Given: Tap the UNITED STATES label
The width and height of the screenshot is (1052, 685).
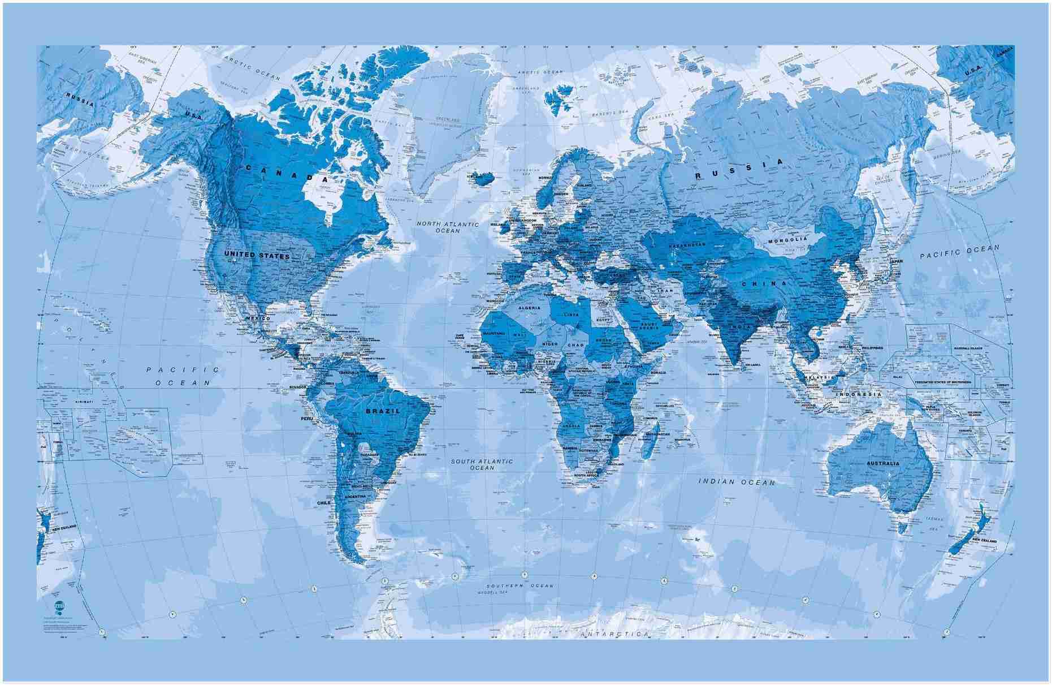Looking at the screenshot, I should point(257,255).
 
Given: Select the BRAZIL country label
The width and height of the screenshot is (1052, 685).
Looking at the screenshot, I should point(383,411).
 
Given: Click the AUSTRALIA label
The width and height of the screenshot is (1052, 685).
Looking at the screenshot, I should point(882,463).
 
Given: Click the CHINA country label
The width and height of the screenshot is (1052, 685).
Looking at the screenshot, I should point(764,283).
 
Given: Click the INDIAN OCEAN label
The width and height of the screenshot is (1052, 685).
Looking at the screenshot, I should point(737,481).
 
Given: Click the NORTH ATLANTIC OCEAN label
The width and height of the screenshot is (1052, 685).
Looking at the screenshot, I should point(448,227).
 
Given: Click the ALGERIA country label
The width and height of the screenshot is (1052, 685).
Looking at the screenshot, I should point(529,308).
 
